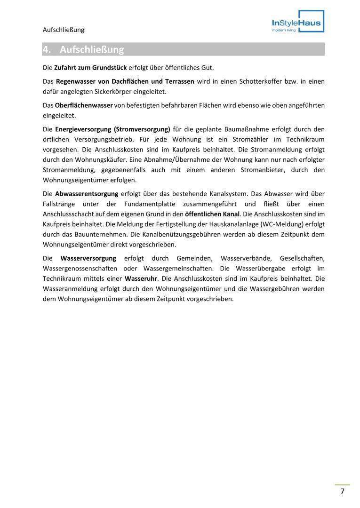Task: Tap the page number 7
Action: click(343, 492)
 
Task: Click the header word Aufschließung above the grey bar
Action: click(64, 30)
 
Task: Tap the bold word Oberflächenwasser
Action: click(84, 105)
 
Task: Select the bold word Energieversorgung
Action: click(83, 129)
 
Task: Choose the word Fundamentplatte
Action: click(152, 204)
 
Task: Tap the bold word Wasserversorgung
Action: click(88, 258)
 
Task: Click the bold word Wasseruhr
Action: click(141, 278)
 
